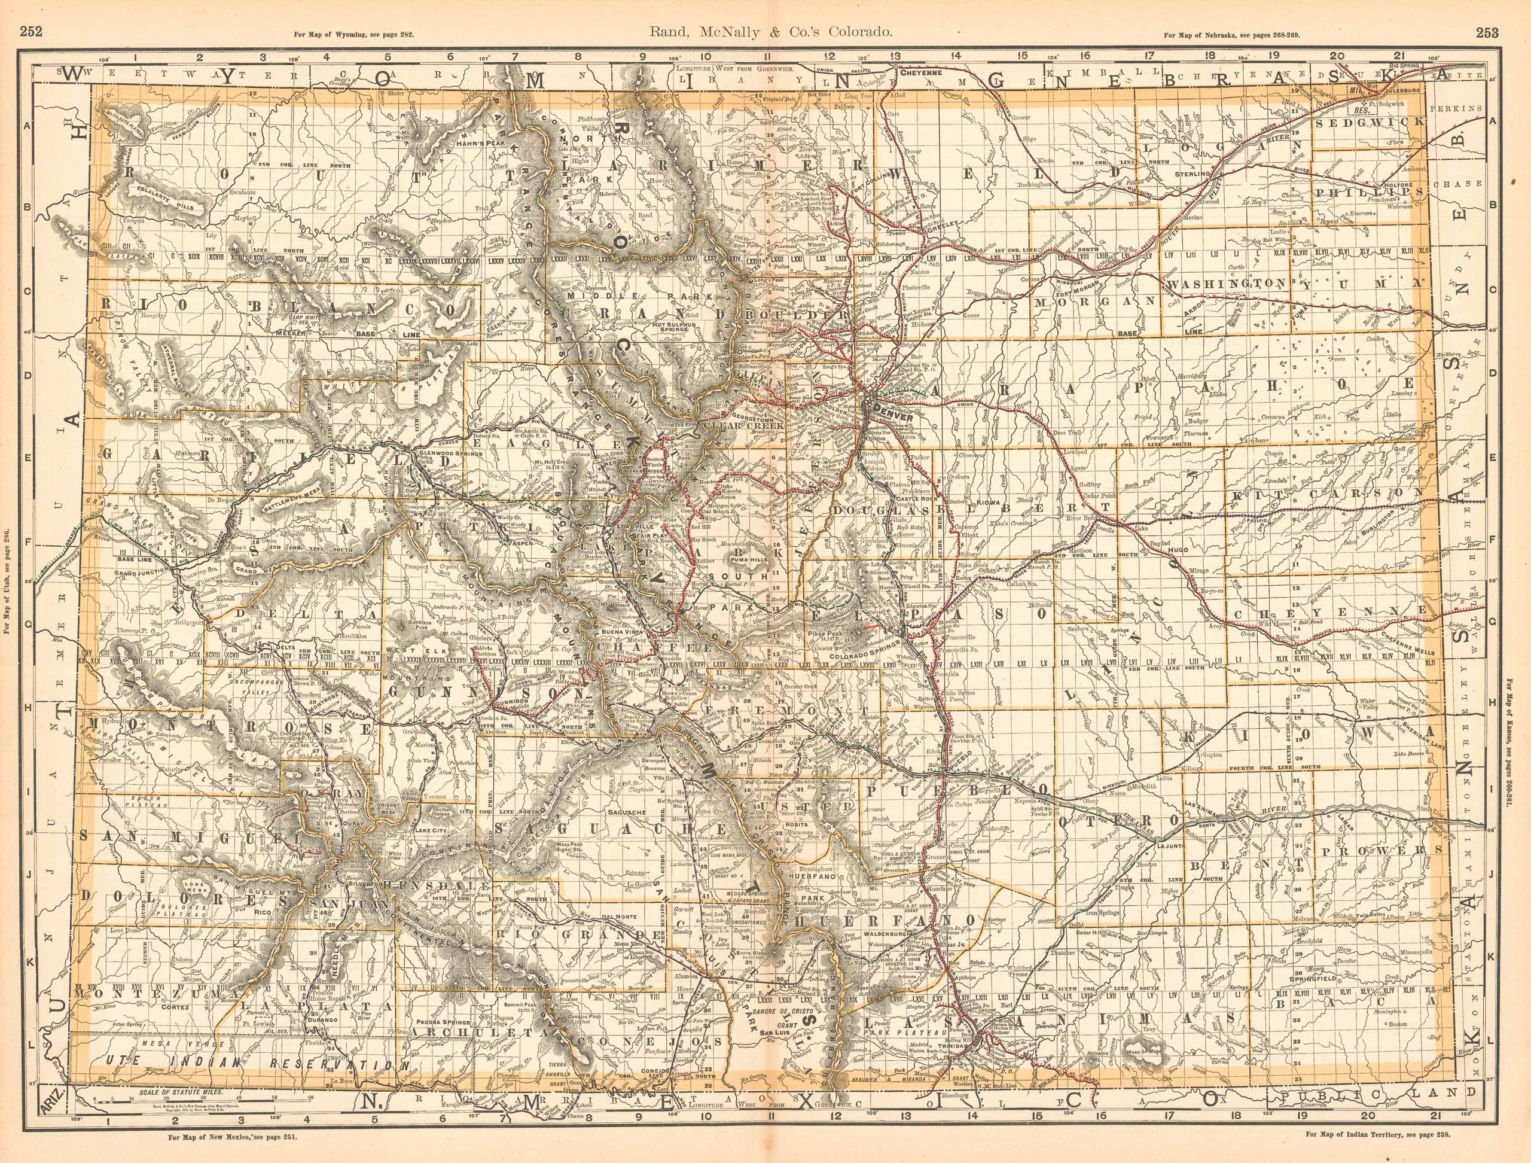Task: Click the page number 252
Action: click(29, 11)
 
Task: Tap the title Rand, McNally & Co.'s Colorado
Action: click(765, 11)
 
